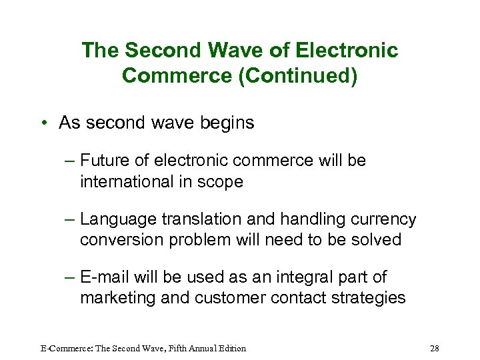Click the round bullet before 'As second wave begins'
[42, 123]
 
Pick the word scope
[223, 181]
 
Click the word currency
[385, 219]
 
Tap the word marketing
[117, 297]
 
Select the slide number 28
[435, 348]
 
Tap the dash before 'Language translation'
[70, 219]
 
